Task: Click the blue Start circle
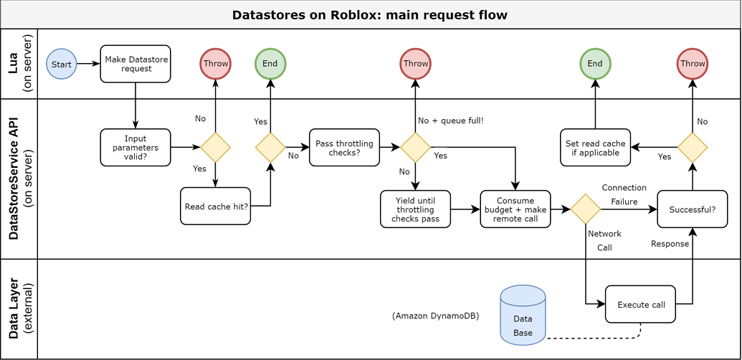pos(62,64)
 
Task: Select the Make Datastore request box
pos(135,64)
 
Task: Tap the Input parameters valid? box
pos(135,147)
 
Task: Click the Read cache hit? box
pos(216,206)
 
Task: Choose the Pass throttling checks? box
pos(344,147)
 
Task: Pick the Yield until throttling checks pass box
pos(415,209)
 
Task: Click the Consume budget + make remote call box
pos(515,209)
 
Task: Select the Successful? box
pos(692,209)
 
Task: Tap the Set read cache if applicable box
pos(594,148)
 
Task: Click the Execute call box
pos(641,304)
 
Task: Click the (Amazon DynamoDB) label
pos(435,316)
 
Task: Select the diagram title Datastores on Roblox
pos(370,14)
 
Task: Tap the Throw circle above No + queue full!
pos(415,64)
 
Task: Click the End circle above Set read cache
pos(594,64)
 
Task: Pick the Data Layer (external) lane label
pos(19,309)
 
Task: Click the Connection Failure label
pos(624,194)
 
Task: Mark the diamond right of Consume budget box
pos(585,209)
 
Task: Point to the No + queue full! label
pos(450,120)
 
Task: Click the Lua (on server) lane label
pos(19,64)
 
